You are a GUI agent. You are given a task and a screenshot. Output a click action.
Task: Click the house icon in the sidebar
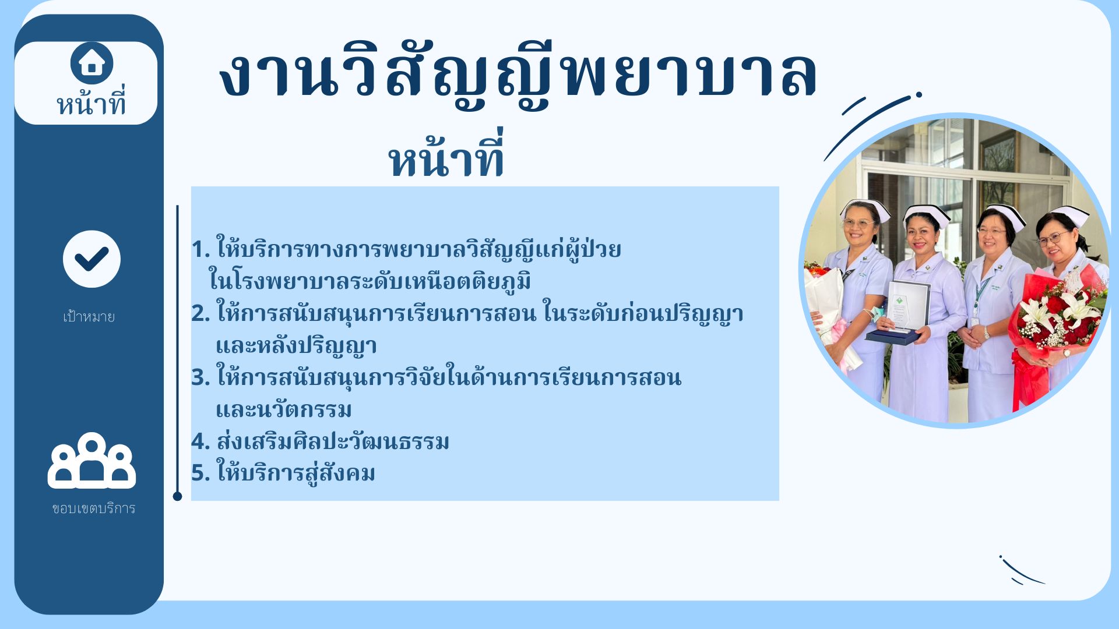coord(92,63)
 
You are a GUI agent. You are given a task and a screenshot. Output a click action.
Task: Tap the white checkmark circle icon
coord(92,259)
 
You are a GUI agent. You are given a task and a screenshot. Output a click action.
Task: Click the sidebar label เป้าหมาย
coord(89,316)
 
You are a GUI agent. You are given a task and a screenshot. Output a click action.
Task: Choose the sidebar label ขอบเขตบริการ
coord(93,508)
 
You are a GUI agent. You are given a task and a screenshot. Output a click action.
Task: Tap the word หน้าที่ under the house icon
coord(91,104)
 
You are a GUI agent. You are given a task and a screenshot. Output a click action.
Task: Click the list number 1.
coord(200,250)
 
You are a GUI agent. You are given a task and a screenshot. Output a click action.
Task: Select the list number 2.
coord(200,314)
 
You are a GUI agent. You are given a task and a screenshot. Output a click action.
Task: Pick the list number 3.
coord(200,378)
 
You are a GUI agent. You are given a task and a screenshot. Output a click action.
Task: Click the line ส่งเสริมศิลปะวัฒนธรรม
coord(333,441)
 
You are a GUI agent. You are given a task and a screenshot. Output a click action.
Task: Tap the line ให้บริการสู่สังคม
coord(295,472)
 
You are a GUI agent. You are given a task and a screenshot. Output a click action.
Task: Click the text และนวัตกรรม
coord(284,409)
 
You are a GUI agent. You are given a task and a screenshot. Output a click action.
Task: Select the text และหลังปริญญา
coord(296,346)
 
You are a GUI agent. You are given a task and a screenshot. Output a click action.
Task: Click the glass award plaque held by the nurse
coord(907,309)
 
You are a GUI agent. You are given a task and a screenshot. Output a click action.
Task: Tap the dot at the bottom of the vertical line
coord(178,496)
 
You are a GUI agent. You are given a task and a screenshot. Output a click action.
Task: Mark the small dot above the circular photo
coord(919,94)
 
